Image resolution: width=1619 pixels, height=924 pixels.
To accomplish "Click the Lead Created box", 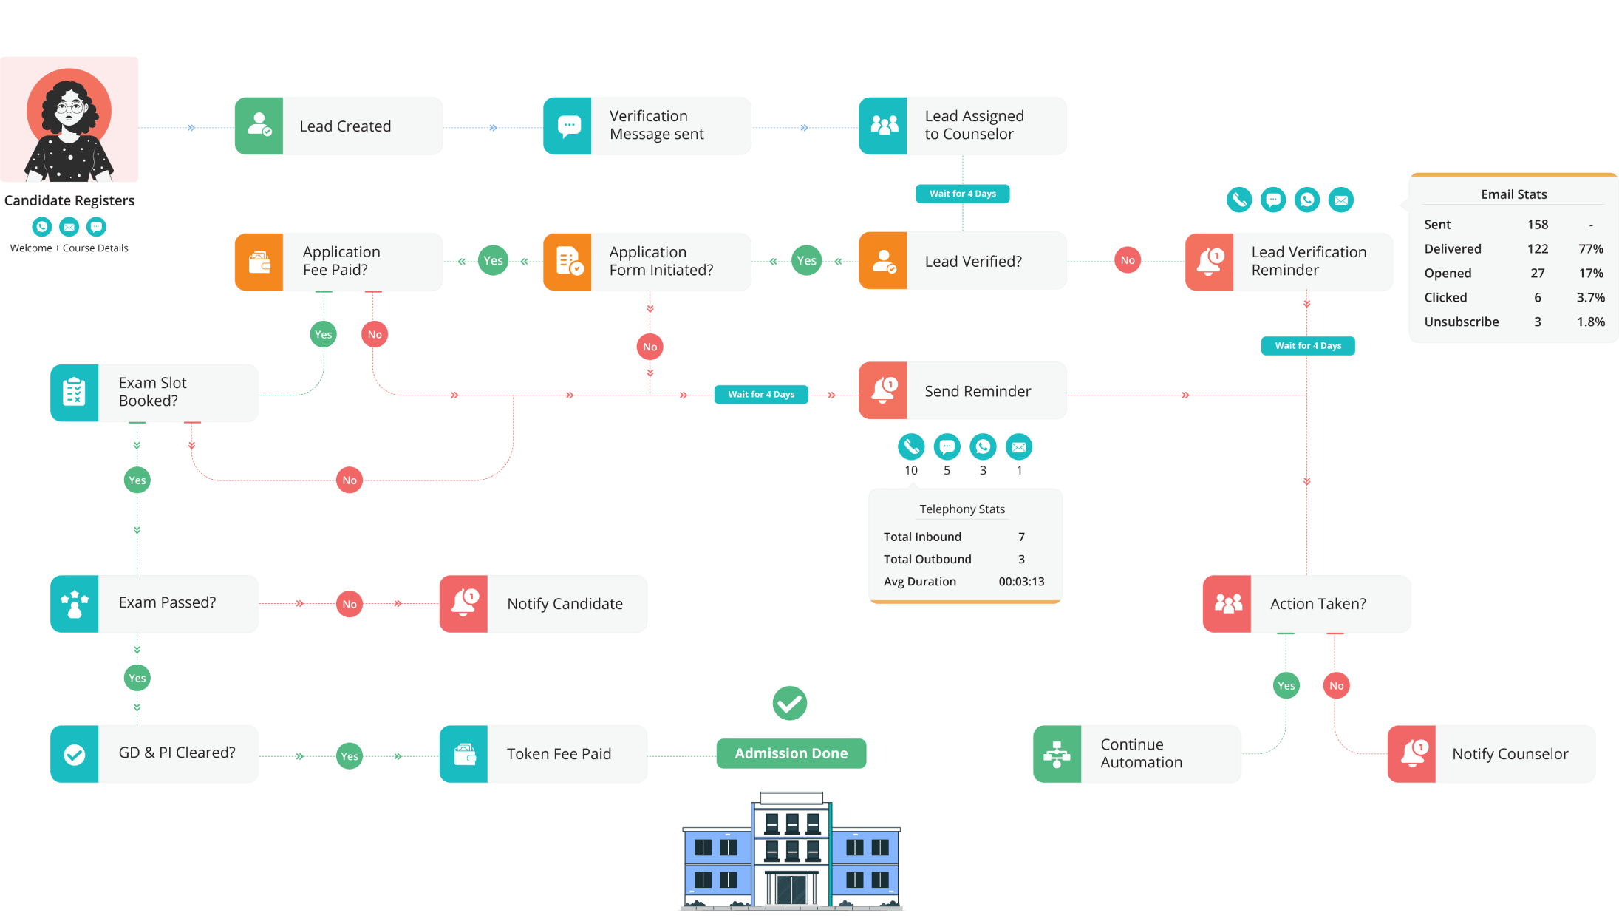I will point(338,126).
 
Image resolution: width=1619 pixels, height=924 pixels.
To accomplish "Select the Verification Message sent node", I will point(647,126).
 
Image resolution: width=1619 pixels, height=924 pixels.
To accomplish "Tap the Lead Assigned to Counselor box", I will point(962,126).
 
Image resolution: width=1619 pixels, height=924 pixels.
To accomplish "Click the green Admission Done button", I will point(791,753).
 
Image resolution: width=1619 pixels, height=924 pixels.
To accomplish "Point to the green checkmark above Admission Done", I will point(789,703).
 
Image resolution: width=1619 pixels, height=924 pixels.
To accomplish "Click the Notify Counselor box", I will point(1491,754).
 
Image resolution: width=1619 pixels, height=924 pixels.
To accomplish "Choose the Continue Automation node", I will point(1136,754).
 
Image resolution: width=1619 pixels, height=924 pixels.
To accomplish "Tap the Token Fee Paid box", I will point(543,754).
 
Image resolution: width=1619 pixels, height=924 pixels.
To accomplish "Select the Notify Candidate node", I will point(543,604).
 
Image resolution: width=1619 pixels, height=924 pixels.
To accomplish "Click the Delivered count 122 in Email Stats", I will point(1537,249).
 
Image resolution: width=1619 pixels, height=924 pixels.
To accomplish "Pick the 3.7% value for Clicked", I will point(1590,298).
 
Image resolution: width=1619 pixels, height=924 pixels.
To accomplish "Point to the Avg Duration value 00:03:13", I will point(1021,582).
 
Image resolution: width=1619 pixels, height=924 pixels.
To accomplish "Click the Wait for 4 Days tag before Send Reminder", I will point(760,395).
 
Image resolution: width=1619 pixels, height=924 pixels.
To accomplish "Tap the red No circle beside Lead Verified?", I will point(1127,260).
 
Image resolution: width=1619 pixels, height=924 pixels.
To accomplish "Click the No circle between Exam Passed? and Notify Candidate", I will point(350,604).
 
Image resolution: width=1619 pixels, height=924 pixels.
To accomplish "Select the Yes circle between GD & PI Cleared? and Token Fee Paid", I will point(350,756).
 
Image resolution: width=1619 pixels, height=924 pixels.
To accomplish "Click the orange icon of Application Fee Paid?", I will point(259,262).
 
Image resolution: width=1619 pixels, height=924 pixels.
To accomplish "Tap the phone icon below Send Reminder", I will point(911,446).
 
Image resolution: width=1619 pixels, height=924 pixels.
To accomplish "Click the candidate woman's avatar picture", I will point(69,120).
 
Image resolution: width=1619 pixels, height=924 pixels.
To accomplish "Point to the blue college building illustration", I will point(791,851).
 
